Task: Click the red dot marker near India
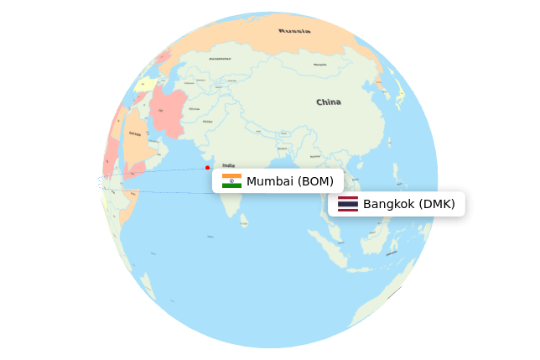tap(207, 167)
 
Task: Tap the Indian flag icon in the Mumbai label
tap(231, 180)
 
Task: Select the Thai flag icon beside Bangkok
tap(347, 204)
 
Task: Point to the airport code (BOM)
tap(315, 181)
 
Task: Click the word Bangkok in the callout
tap(389, 204)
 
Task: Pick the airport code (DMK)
tap(437, 204)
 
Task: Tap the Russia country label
tap(294, 31)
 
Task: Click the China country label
tap(328, 102)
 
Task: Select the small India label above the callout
tap(228, 165)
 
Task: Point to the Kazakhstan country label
tap(220, 59)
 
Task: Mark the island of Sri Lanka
tap(244, 221)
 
